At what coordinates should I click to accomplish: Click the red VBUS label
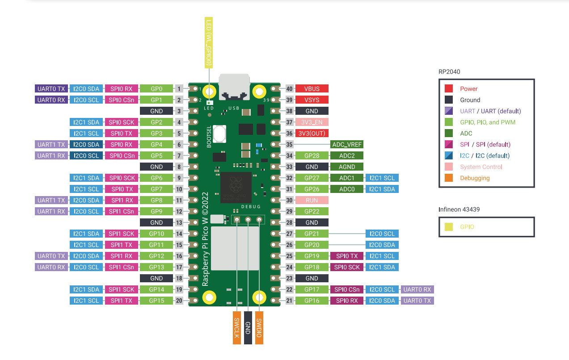point(312,88)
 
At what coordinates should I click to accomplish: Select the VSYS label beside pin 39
point(312,100)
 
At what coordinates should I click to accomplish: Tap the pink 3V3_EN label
point(312,122)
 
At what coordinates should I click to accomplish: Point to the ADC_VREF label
point(347,144)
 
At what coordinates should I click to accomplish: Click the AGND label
point(347,167)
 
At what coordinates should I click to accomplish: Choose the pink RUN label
point(312,200)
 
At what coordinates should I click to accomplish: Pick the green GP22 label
point(312,211)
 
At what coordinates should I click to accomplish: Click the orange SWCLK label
point(237,328)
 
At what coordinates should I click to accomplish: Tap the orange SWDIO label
point(259,328)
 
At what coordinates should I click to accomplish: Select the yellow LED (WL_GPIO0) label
point(208,43)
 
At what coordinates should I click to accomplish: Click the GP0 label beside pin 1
point(156,88)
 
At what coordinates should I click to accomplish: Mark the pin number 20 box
point(179,301)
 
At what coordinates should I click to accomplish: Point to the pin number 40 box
point(289,88)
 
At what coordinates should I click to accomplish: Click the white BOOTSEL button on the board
point(219,133)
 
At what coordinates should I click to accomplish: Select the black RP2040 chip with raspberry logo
point(236,187)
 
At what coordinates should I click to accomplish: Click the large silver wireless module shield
point(235,248)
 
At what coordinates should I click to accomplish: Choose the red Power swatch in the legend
point(449,89)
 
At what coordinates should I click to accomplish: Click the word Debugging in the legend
point(475,178)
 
